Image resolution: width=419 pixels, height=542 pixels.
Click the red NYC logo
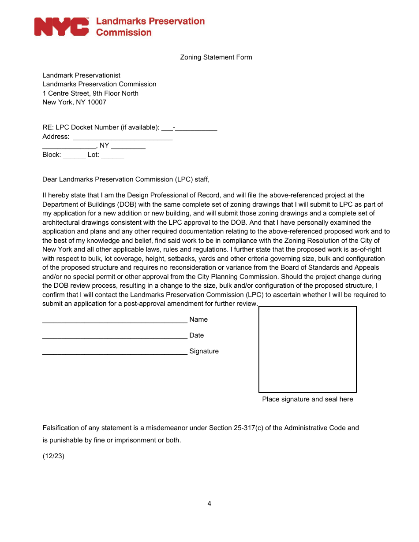pos(61,26)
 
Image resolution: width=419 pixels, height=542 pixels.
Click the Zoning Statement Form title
pos(216,57)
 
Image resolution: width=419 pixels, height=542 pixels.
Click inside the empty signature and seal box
pos(307,349)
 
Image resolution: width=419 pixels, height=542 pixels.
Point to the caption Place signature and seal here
pos(307,399)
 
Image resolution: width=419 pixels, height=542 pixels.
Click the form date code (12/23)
pos(53,457)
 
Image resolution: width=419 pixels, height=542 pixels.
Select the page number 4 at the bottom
pos(209,504)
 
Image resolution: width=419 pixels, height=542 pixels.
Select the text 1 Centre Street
pos(66,93)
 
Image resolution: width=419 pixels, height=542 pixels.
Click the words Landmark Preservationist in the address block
pos(81,75)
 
